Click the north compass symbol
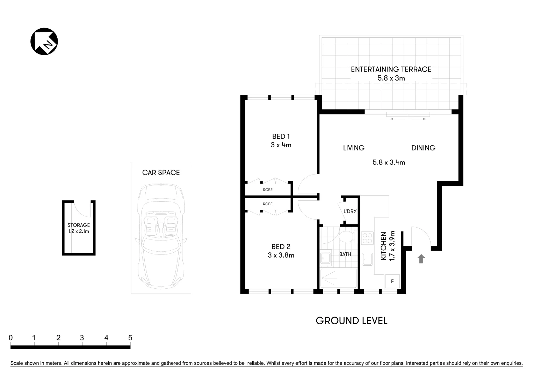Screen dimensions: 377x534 pyautogui.click(x=44, y=42)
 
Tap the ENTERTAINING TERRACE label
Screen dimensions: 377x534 pyautogui.click(x=391, y=69)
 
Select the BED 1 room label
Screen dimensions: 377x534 pyautogui.click(x=281, y=136)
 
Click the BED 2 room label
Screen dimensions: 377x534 pyautogui.click(x=281, y=247)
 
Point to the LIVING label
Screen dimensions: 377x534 pyautogui.click(x=353, y=148)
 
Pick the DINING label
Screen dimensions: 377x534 pyautogui.click(x=423, y=148)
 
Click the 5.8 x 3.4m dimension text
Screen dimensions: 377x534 pyautogui.click(x=389, y=162)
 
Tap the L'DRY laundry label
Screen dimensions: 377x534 pyautogui.click(x=350, y=211)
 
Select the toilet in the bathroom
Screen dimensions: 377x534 pyautogui.click(x=346, y=237)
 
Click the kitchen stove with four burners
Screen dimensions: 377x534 pyautogui.click(x=367, y=238)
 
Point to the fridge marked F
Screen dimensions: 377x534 pyautogui.click(x=392, y=281)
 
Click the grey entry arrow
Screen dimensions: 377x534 pyautogui.click(x=421, y=259)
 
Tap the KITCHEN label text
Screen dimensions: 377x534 pyautogui.click(x=383, y=246)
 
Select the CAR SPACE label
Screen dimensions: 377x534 pyautogui.click(x=161, y=172)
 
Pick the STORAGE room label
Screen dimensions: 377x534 pyautogui.click(x=79, y=225)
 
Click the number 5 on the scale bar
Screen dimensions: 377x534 pyautogui.click(x=130, y=338)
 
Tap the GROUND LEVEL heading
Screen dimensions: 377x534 pyautogui.click(x=351, y=321)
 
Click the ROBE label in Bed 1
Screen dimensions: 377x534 pyautogui.click(x=268, y=190)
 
